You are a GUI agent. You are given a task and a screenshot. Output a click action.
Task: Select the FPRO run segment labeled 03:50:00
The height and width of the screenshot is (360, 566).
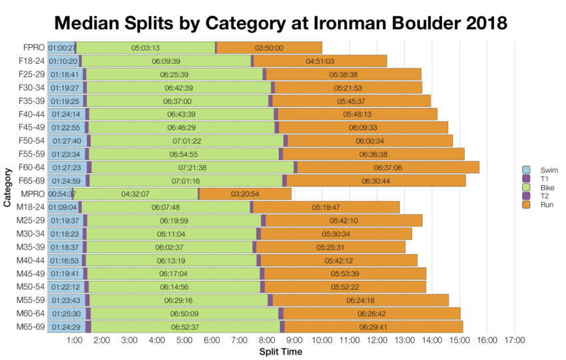269,48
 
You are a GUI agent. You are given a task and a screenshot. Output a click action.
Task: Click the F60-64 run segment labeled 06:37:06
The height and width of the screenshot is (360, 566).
388,168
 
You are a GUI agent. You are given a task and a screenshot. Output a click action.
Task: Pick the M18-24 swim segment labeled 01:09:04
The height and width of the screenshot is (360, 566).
63,208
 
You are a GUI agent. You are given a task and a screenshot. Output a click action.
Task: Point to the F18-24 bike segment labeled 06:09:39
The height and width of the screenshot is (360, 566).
166,61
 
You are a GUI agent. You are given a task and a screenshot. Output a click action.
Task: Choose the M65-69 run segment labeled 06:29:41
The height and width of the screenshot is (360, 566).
373,327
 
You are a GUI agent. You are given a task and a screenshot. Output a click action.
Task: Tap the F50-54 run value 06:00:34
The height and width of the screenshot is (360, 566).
370,141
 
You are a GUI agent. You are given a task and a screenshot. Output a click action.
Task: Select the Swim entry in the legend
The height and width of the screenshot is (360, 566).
538,170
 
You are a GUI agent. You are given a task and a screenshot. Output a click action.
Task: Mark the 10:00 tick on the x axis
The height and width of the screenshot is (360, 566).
322,341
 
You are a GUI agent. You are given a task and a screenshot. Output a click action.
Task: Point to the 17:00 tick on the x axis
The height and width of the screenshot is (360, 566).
515,341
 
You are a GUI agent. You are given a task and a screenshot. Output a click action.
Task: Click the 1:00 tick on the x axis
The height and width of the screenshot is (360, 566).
75,341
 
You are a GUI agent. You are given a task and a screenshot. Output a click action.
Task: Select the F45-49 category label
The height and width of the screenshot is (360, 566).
32,128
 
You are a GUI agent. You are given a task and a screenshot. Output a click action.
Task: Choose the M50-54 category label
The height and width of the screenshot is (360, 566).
31,287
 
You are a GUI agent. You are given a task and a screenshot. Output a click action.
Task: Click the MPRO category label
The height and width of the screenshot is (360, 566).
34,194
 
